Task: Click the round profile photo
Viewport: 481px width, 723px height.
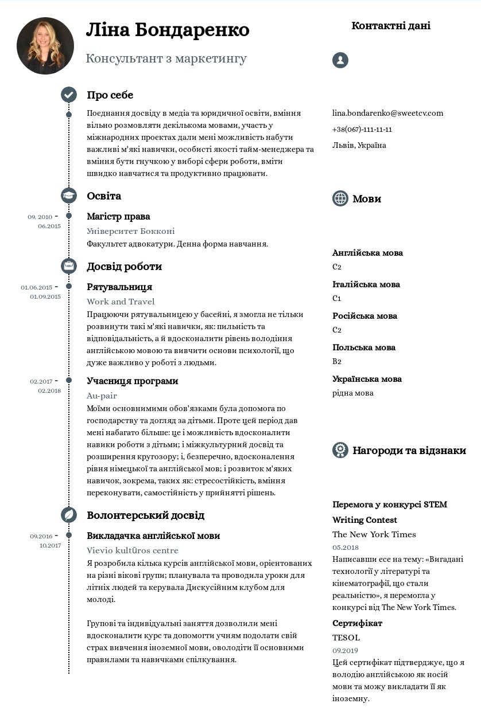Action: coord(45,46)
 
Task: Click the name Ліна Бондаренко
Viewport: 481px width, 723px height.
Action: coord(168,30)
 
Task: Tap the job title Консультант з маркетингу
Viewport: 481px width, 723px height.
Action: coord(166,58)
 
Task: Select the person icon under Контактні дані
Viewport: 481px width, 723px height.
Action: coord(340,60)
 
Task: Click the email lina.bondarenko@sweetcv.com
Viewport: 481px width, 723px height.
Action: coord(387,113)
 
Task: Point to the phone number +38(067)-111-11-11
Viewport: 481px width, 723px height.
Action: coord(362,129)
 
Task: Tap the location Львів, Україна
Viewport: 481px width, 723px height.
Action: coord(359,145)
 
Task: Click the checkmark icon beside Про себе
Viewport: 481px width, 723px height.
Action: coord(69,95)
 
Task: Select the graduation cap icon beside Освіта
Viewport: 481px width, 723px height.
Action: coord(69,196)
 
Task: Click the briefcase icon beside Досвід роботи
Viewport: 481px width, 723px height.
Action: coord(69,266)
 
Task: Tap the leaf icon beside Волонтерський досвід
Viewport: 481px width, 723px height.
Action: coord(69,515)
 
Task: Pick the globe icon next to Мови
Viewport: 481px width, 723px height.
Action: coord(340,198)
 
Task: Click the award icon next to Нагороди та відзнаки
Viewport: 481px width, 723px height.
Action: coord(340,450)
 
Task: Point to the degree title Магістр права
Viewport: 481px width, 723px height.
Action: coord(118,217)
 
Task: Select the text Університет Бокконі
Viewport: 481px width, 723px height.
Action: coord(131,231)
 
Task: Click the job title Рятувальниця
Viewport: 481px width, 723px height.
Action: coord(119,287)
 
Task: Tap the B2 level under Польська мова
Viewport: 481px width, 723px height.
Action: coord(337,361)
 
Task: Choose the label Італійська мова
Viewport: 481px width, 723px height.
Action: coord(366,284)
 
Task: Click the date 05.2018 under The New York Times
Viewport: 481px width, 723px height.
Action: coord(346,548)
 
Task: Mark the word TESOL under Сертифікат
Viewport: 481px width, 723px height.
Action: coord(346,638)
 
